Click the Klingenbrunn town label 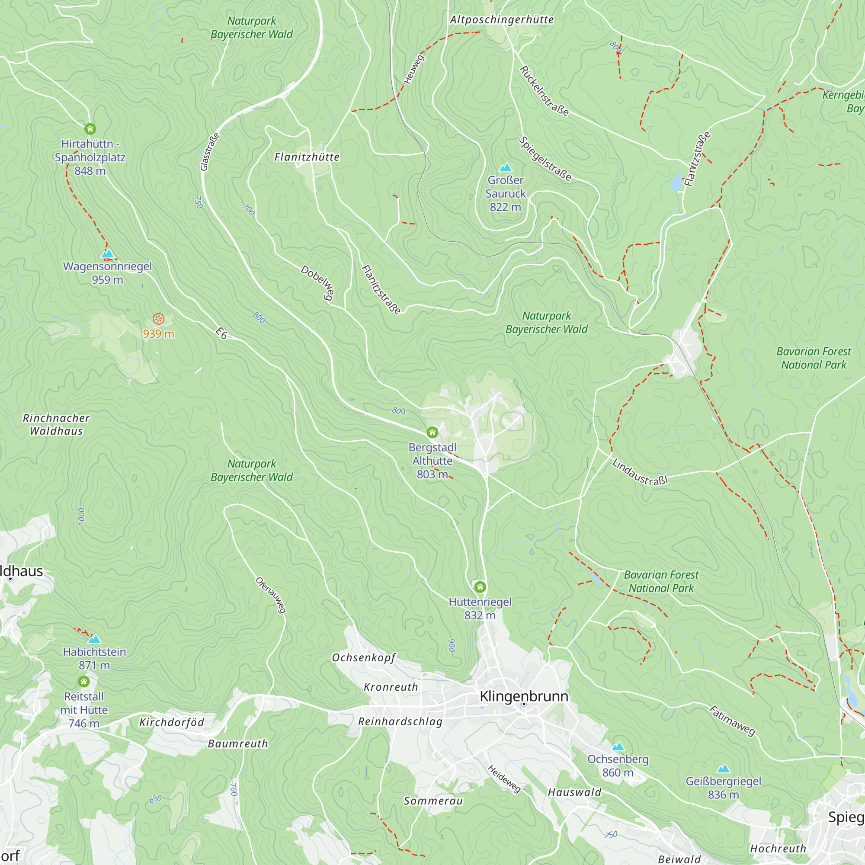click(524, 696)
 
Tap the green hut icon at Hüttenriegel click(480, 586)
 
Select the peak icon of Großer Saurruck click(506, 167)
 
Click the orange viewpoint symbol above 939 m click(158, 319)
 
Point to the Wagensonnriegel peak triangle click(107, 254)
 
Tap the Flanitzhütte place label click(307, 157)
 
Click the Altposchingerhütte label click(502, 20)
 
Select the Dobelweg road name click(317, 282)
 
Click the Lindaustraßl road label click(640, 472)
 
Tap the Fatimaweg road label click(733, 721)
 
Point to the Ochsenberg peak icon click(618, 746)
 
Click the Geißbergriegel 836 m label click(723, 788)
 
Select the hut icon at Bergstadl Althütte click(432, 432)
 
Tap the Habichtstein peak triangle click(94, 639)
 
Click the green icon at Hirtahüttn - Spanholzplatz click(90, 129)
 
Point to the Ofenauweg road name click(270, 595)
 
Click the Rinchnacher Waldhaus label click(56, 424)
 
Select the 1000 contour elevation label click(81, 517)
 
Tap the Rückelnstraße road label click(544, 91)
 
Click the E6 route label click(221, 333)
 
